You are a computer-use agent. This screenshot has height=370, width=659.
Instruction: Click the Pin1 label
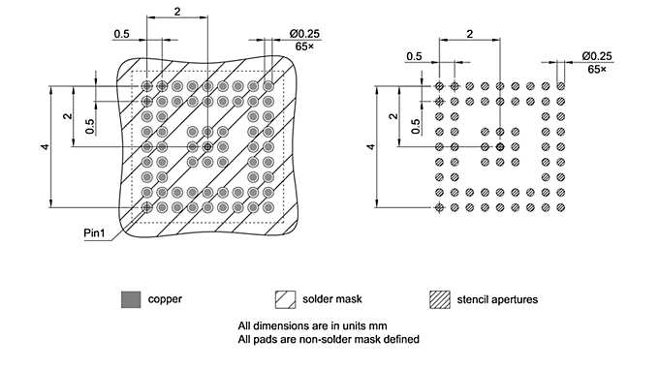94,233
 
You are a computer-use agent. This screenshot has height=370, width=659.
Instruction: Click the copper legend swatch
130,299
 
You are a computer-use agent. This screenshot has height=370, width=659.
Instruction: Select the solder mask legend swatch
285,299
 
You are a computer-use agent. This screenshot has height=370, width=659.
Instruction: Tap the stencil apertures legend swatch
440,299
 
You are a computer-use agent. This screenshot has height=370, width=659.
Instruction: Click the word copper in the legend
165,299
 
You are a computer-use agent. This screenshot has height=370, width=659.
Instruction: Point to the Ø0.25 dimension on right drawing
596,55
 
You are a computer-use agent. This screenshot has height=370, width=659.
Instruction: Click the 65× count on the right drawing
596,69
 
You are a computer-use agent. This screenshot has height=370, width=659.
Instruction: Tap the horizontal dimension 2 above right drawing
469,33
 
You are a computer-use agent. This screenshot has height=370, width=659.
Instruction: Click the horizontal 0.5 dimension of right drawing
415,55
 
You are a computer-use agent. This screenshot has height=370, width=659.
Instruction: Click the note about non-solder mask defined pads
328,339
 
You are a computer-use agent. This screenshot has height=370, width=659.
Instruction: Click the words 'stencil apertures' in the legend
498,299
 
